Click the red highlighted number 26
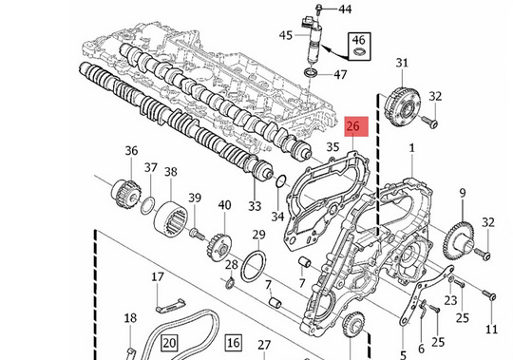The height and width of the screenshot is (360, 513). tap(354, 126)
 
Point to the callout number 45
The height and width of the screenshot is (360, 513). tap(285, 36)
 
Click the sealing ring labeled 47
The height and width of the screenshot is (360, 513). tap(311, 72)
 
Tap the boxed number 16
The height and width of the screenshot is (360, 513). tap(234, 341)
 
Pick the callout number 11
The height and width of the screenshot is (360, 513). tap(491, 330)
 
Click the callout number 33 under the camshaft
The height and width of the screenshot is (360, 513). tap(255, 206)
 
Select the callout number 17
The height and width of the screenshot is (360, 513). tap(159, 278)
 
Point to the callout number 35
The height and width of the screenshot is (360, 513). tap(332, 147)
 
